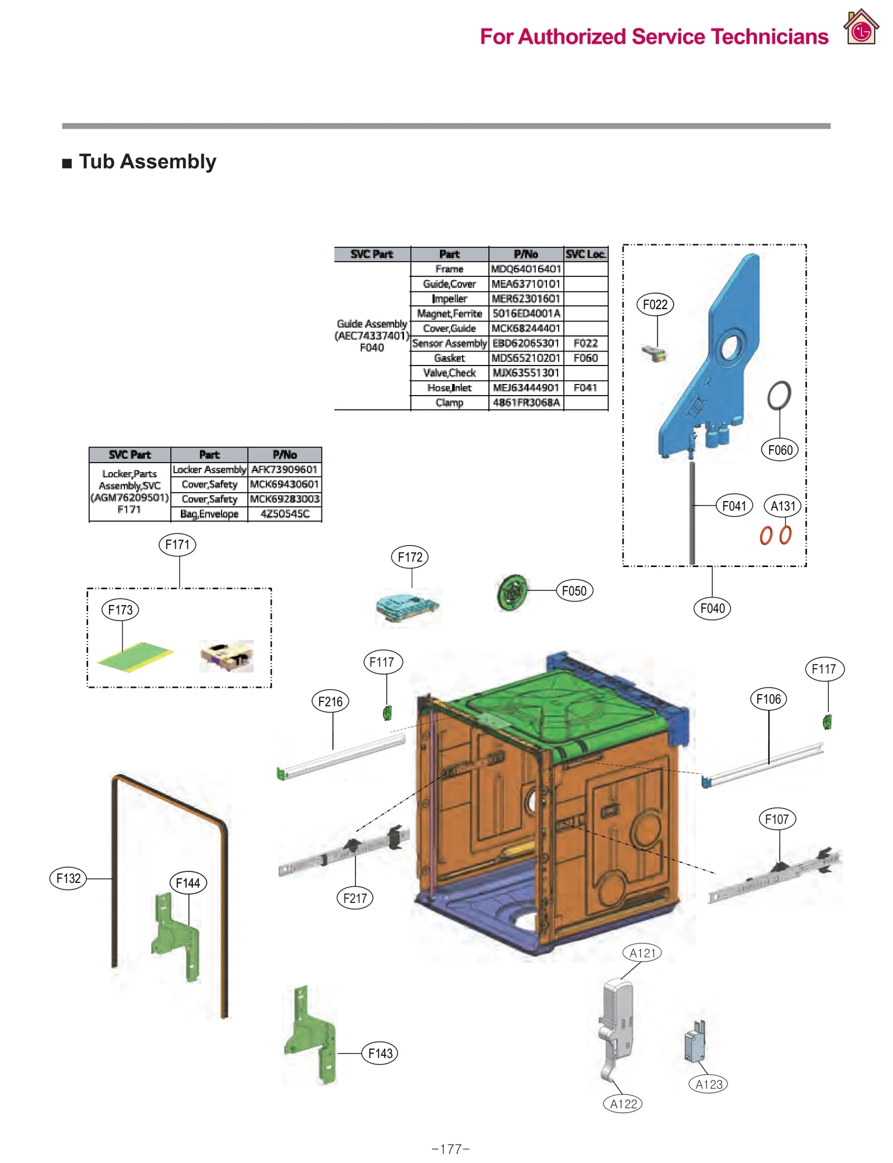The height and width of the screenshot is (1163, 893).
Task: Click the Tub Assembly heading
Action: [147, 162]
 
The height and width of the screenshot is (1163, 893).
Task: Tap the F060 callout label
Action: [779, 450]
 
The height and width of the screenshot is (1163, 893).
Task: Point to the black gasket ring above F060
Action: [779, 396]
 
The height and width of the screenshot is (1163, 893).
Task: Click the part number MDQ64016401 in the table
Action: [525, 269]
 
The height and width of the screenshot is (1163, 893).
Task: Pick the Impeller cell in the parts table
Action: [449, 299]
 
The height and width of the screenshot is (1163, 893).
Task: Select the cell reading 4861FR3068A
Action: [525, 402]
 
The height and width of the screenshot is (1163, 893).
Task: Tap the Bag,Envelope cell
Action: [209, 514]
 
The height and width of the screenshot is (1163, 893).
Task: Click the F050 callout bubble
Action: [574, 591]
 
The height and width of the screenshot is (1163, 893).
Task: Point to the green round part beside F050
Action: [511, 592]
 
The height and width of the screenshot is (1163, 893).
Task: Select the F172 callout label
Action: [410, 557]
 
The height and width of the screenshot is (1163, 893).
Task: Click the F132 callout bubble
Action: [68, 878]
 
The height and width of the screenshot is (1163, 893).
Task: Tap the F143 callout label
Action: [380, 1053]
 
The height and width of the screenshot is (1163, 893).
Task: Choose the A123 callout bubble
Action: [708, 1084]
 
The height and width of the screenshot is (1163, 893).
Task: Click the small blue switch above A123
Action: [695, 1041]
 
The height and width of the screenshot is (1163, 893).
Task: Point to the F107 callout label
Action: [776, 819]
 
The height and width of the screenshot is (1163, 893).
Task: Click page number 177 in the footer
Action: [450, 1149]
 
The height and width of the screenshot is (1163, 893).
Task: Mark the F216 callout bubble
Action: [330, 701]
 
